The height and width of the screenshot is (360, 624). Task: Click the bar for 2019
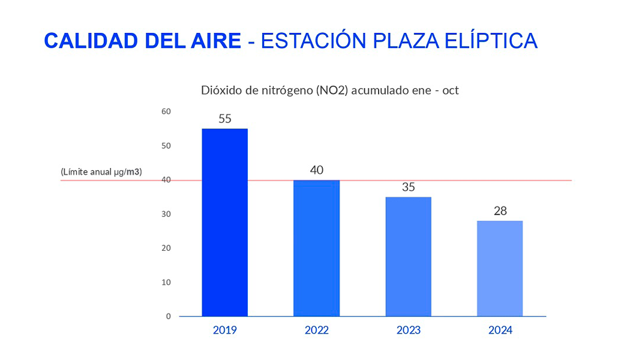[224, 222]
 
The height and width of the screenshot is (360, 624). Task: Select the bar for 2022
[316, 248]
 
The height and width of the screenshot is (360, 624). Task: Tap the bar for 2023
[408, 256]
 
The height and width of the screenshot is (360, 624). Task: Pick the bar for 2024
[500, 268]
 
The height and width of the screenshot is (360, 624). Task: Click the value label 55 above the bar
[225, 119]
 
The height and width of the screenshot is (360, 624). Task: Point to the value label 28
[500, 211]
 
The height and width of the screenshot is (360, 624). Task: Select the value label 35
[409, 187]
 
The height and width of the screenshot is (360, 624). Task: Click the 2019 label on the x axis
[224, 330]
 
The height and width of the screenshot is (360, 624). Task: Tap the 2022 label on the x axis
[316, 330]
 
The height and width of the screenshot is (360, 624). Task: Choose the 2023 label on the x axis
[408, 330]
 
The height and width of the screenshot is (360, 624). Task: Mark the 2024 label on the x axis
[500, 330]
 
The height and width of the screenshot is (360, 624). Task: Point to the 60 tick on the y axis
[166, 112]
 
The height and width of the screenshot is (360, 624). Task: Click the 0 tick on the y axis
[169, 316]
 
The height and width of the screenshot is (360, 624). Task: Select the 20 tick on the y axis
[166, 248]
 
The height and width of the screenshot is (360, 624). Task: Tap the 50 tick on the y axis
[166, 146]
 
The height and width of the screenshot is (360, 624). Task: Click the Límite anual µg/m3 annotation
[101, 172]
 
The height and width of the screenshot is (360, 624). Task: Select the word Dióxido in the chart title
[218, 91]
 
